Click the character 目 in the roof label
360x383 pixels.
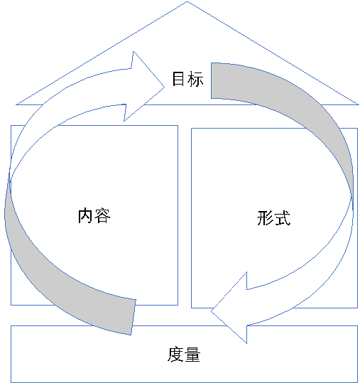coord(178,79)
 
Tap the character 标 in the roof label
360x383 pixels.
coord(195,79)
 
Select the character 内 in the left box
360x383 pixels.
coord(84,215)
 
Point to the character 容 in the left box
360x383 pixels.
coord(102,215)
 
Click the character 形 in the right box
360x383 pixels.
coord(266,217)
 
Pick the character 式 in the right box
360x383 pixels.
coord(283,217)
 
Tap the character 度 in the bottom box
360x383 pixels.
coord(175,355)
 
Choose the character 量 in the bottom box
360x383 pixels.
coord(192,355)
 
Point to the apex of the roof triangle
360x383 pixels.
coord(187,1)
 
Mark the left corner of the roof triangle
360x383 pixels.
coord(16,104)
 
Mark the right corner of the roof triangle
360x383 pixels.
coord(359,104)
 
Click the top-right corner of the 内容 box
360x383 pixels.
coord(178,125)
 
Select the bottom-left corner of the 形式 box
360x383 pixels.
coord(191,308)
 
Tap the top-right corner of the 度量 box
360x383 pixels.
coord(358,325)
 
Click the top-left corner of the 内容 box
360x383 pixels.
coord(11,125)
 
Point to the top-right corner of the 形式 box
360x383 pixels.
coord(358,128)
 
